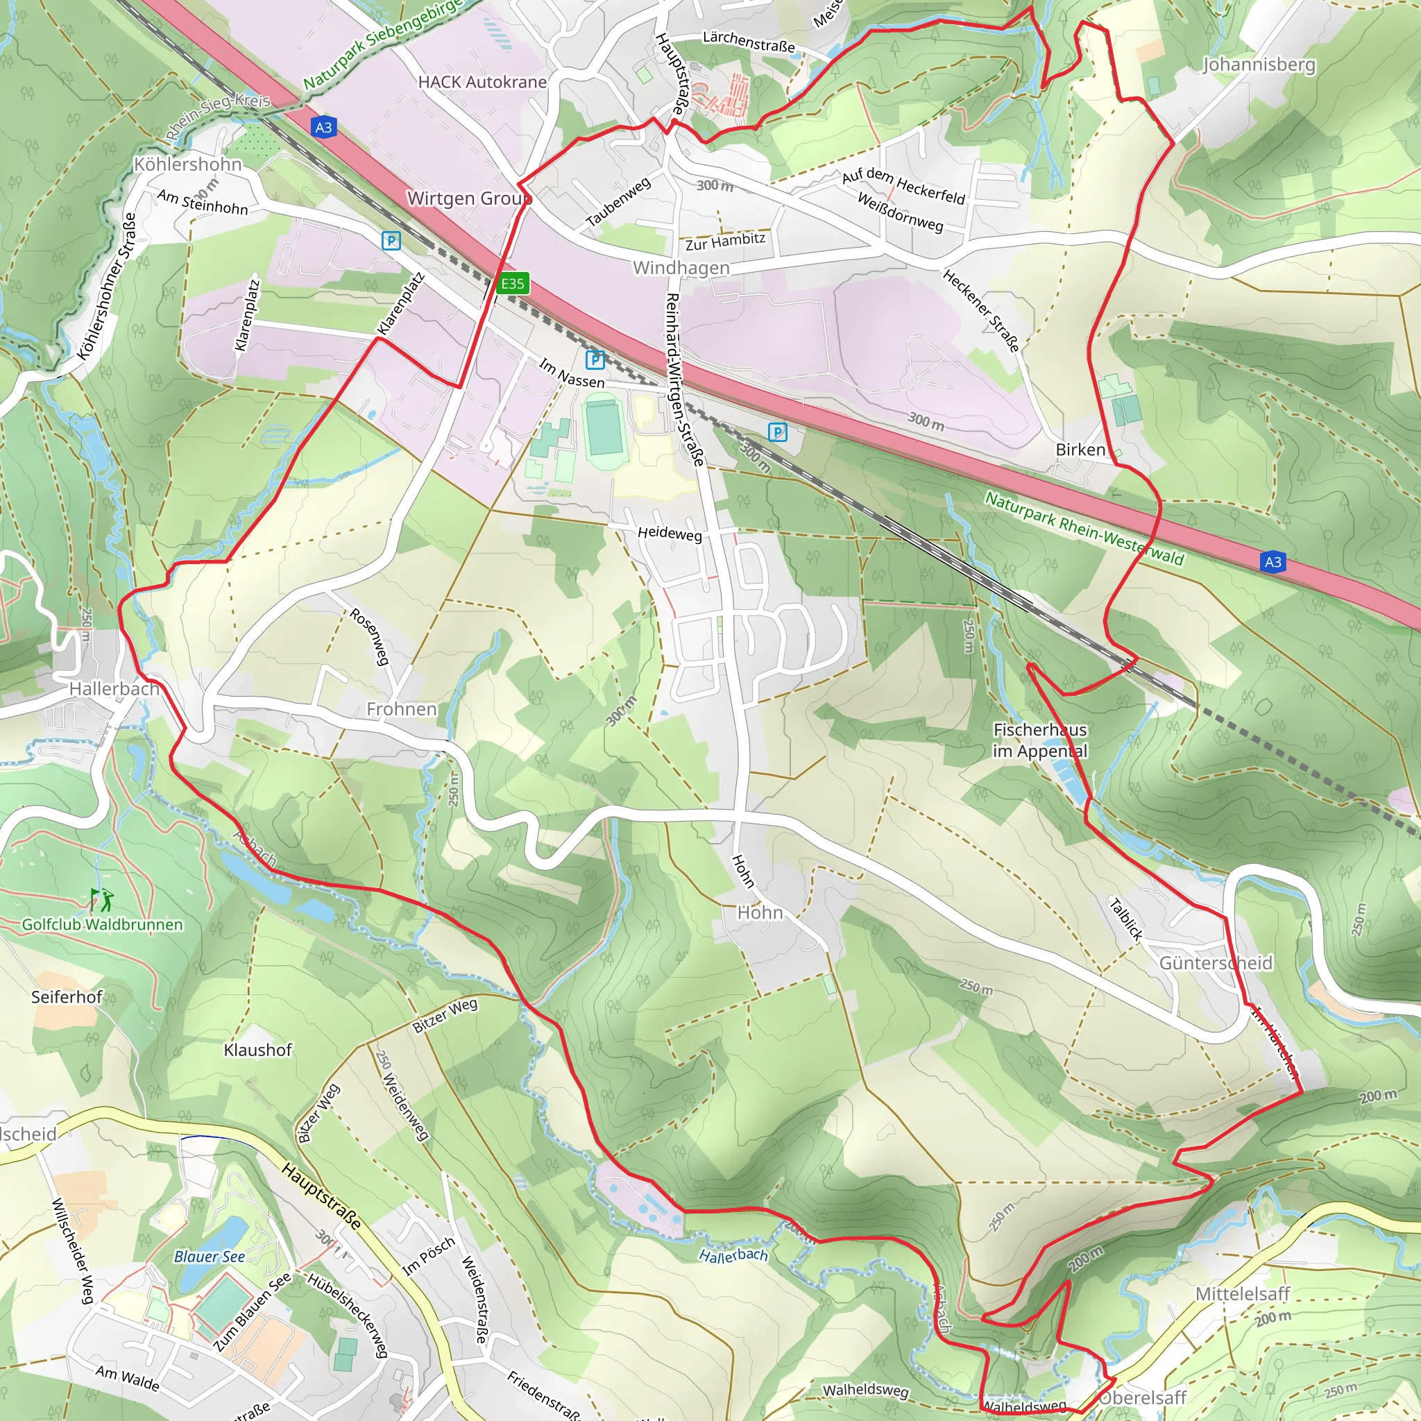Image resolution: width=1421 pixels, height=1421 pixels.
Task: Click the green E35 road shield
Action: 513,283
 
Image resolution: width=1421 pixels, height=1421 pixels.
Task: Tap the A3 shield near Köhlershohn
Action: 323,127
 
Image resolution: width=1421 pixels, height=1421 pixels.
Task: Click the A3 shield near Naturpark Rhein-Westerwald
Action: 1273,562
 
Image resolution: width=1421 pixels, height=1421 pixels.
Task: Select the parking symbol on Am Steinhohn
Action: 391,241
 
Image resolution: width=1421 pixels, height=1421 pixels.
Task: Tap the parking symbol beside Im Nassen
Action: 595,359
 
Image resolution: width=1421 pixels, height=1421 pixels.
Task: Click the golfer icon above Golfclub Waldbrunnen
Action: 102,899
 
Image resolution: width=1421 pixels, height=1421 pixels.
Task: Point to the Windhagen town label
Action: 681,268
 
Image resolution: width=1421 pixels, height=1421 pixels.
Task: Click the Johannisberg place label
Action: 1259,65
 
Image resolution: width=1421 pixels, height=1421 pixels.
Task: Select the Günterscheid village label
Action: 1215,963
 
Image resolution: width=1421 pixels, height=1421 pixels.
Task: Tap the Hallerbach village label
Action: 114,689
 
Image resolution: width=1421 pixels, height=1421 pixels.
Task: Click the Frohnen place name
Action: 402,709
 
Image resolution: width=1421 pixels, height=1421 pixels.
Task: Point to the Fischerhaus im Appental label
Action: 1039,740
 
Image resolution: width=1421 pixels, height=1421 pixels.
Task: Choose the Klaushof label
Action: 257,1050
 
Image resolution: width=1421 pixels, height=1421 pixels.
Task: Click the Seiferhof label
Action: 66,996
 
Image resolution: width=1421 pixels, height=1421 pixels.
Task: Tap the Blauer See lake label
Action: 209,1257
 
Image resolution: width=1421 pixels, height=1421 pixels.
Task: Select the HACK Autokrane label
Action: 482,82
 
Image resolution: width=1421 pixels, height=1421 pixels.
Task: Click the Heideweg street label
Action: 670,534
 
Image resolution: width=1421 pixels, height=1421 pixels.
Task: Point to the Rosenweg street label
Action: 368,636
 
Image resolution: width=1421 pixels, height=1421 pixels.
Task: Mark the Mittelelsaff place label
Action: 1242,1293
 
